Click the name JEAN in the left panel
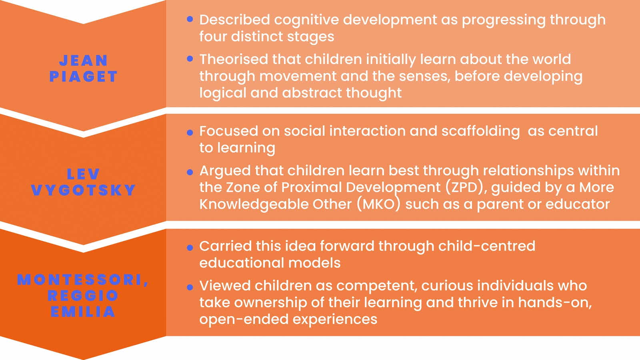point(83,61)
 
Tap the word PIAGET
point(83,76)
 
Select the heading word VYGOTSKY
point(83,190)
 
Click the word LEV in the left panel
point(83,174)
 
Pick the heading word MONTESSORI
point(80,280)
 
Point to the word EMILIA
point(83,312)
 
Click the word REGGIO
point(83,296)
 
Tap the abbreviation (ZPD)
point(465,187)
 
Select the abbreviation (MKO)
point(379,204)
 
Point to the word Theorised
point(234,59)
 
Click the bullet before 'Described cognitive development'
point(190,19)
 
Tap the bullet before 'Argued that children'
point(190,172)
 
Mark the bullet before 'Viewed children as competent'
point(190,287)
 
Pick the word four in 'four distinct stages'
point(213,36)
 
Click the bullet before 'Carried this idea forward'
point(190,248)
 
